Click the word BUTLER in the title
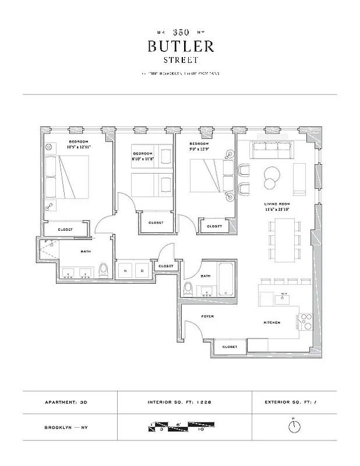tap(181, 46)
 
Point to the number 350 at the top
tap(181, 32)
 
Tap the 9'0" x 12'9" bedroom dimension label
tap(199, 147)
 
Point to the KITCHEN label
tap(271, 323)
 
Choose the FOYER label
tap(207, 316)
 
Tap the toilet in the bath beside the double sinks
tap(104, 271)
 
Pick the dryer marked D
tap(143, 271)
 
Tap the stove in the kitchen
tap(306, 322)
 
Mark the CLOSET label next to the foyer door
tap(229, 347)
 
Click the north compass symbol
tap(296, 426)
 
